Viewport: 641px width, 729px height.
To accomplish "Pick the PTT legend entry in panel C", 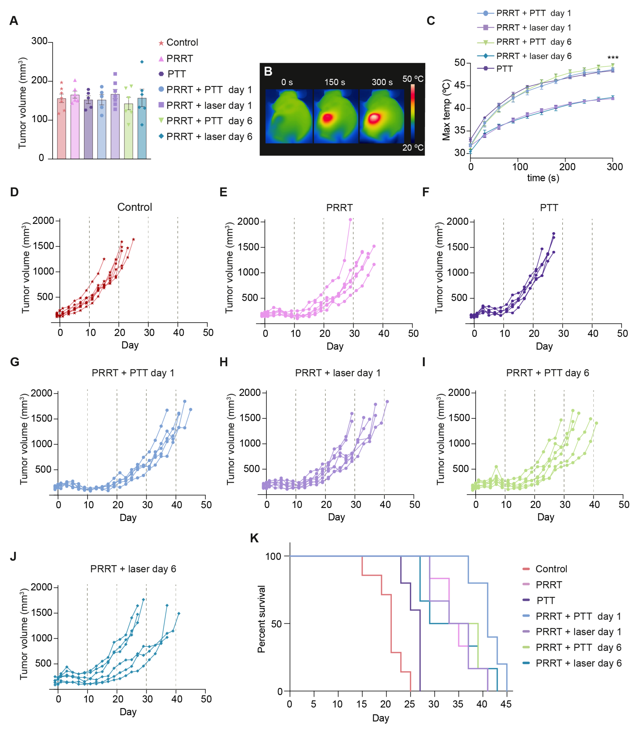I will point(504,69).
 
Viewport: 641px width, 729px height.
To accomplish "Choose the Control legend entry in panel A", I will point(182,42).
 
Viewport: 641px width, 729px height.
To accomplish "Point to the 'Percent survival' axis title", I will point(261,619).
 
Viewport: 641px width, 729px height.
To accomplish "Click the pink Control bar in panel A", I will point(62,128).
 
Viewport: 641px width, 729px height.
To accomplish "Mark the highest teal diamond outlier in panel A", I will point(142,62).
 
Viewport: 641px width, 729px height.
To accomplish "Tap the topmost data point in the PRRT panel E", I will point(350,220).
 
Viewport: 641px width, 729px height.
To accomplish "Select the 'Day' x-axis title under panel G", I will point(128,518).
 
